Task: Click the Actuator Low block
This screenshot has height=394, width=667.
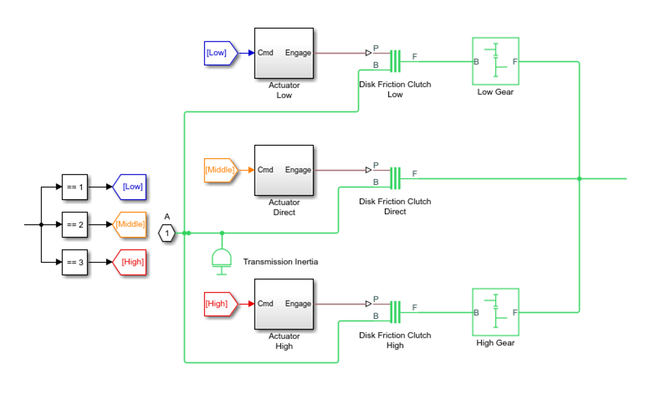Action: point(284,53)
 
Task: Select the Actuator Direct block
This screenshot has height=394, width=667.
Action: point(284,170)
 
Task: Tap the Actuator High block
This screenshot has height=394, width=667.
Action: point(284,304)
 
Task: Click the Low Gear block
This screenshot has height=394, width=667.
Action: point(496,61)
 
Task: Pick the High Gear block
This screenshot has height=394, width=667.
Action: point(496,312)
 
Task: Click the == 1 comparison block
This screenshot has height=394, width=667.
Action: point(75,187)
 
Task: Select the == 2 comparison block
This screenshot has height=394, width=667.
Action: point(75,225)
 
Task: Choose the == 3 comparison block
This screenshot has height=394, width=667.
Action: point(75,262)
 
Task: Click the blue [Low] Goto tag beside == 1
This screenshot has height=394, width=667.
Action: point(130,187)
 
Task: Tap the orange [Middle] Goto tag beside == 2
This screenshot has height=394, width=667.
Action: point(130,225)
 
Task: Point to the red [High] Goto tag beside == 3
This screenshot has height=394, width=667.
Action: point(130,262)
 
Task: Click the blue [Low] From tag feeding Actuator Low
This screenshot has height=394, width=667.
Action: point(220,53)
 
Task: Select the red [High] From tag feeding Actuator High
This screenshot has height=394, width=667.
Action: point(220,304)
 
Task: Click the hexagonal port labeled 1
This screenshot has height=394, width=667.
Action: point(167,233)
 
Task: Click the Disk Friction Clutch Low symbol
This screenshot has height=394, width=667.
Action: point(395,61)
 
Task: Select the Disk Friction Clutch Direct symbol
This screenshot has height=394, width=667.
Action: point(395,178)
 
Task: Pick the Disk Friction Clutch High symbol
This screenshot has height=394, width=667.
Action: point(395,312)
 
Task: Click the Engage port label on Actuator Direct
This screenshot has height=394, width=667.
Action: point(298,170)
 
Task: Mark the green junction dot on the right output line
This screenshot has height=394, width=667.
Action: point(579,178)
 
